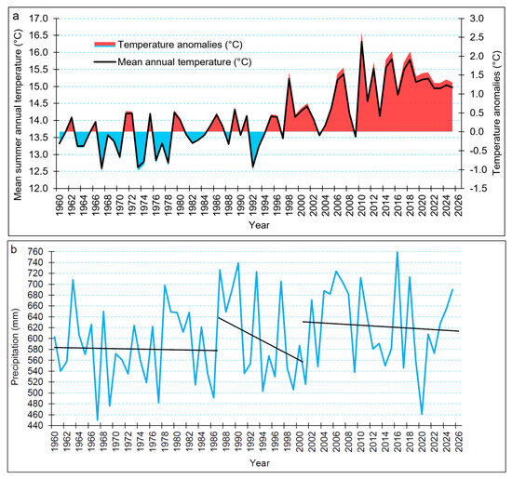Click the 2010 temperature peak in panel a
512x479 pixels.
(x=361, y=41)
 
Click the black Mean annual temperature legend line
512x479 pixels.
(x=105, y=61)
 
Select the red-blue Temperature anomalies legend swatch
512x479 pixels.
(x=105, y=45)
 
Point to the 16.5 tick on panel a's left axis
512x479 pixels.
(x=38, y=35)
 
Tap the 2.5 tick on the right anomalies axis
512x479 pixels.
(x=477, y=37)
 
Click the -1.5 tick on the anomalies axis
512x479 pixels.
(x=476, y=188)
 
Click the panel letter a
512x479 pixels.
(x=15, y=16)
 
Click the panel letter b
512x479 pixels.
(x=14, y=249)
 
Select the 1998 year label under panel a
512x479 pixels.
(x=289, y=206)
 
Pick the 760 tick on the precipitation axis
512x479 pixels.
(x=36, y=251)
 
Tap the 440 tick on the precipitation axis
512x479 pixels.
(x=36, y=425)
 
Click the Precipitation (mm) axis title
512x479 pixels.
(x=15, y=347)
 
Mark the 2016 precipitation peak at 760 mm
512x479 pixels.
(x=397, y=252)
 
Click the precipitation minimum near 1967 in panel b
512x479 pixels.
(x=98, y=419)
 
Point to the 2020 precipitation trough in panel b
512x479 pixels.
(x=422, y=414)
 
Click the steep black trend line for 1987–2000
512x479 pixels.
(x=261, y=339)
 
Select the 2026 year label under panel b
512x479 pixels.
(x=459, y=442)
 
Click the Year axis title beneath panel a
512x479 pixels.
(x=260, y=225)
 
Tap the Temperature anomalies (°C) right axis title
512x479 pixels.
(x=497, y=113)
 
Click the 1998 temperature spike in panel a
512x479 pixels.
(x=289, y=77)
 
